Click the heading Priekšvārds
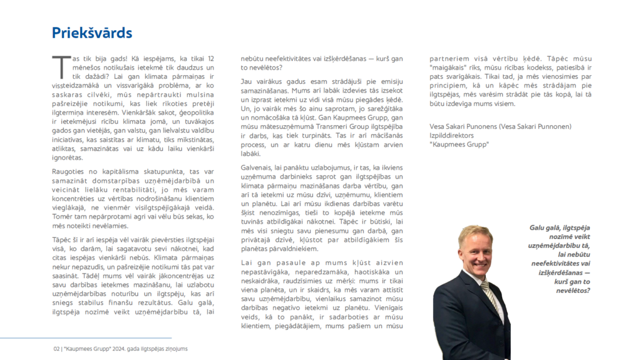(91, 33)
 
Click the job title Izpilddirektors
(451, 135)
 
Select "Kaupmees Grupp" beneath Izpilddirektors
(459, 145)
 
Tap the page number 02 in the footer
(56, 349)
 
